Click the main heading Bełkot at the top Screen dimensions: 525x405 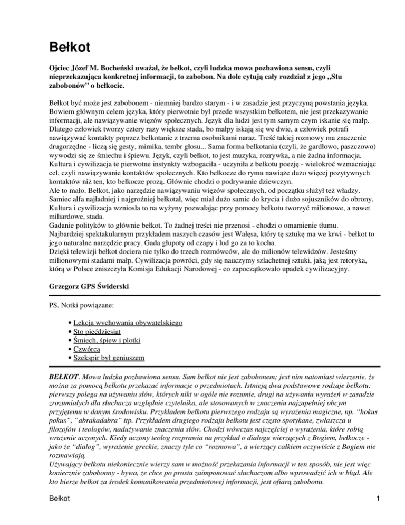pyautogui.click(x=67, y=47)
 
